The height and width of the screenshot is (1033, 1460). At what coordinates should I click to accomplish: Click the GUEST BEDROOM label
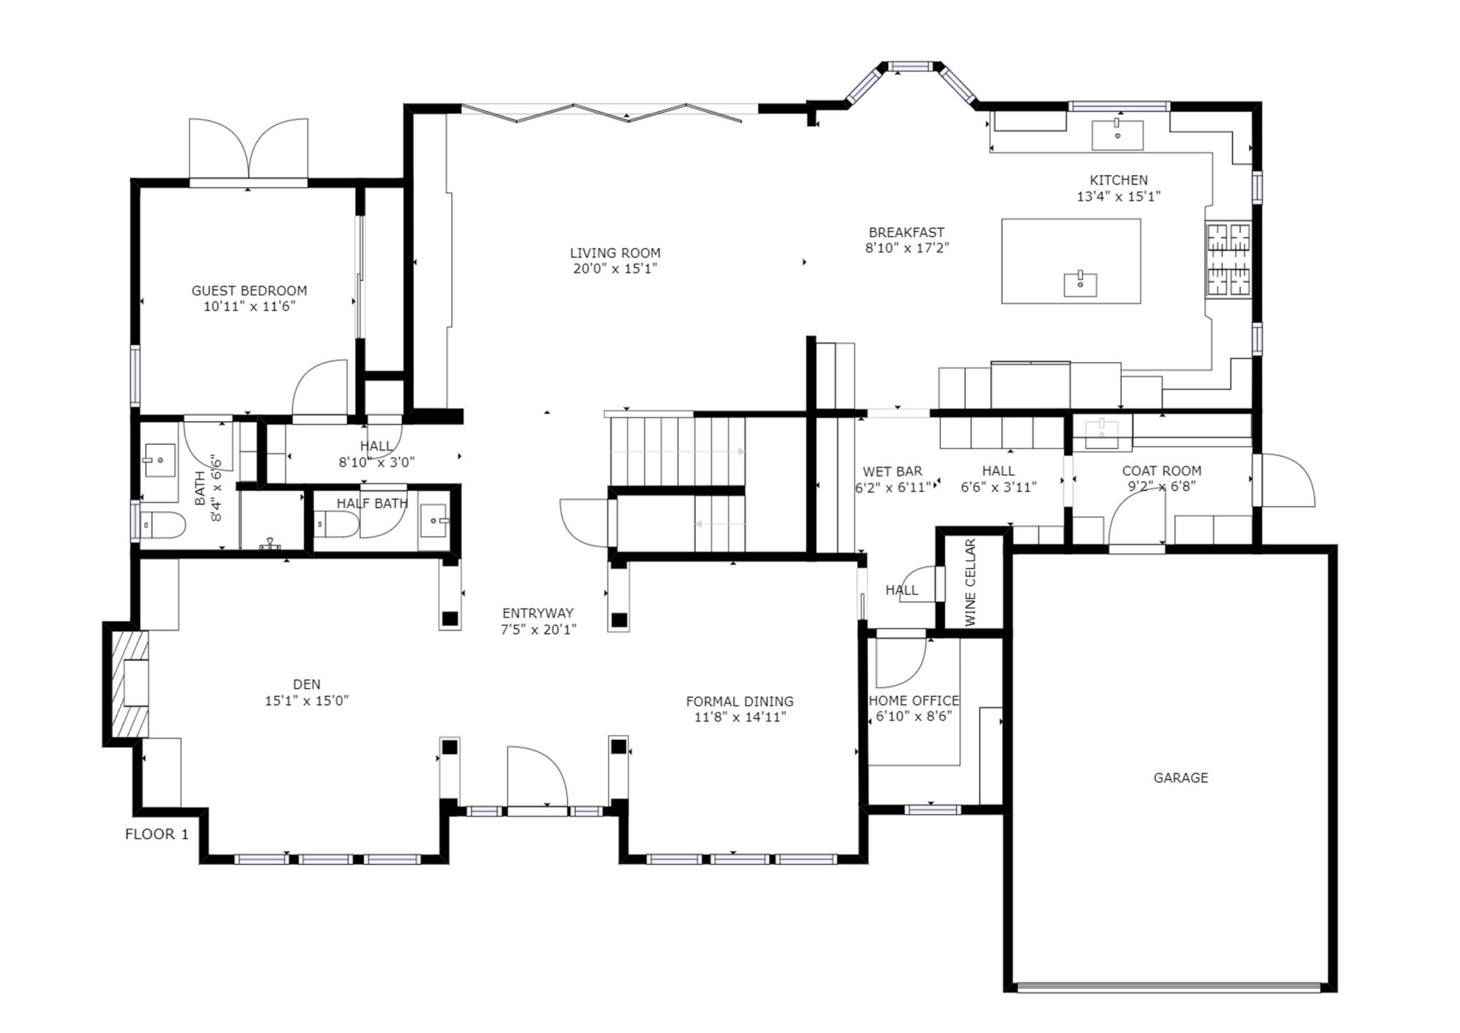pos(249,291)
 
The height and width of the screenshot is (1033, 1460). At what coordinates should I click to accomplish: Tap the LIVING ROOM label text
pos(615,253)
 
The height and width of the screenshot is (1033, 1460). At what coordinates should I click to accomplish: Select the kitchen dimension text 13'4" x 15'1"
pos(1119,196)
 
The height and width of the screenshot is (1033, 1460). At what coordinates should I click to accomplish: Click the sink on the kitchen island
pos(1080,285)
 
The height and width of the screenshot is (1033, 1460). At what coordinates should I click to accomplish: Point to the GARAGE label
pos(1181,777)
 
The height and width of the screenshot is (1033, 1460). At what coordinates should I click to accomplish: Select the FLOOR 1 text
pos(157,834)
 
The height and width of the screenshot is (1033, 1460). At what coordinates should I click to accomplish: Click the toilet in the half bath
pos(336,526)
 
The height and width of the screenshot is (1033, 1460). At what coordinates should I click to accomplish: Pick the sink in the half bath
pos(434,518)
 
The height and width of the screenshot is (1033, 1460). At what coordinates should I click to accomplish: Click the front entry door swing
pos(536,777)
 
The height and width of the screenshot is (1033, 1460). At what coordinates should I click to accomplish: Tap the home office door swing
pos(900,661)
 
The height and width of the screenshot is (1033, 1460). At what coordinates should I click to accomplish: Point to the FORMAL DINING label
pos(740,702)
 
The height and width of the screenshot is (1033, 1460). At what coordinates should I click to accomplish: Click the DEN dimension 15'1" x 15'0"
pos(307,701)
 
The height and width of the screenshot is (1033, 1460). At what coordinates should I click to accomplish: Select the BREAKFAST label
pos(906,233)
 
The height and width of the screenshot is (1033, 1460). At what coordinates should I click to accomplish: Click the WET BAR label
pos(892,471)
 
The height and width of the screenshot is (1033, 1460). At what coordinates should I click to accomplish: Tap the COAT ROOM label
pos(1162,471)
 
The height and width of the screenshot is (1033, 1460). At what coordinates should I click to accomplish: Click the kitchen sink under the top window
pos(1118,135)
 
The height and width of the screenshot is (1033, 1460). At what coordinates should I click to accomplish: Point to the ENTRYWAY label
pos(538,613)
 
